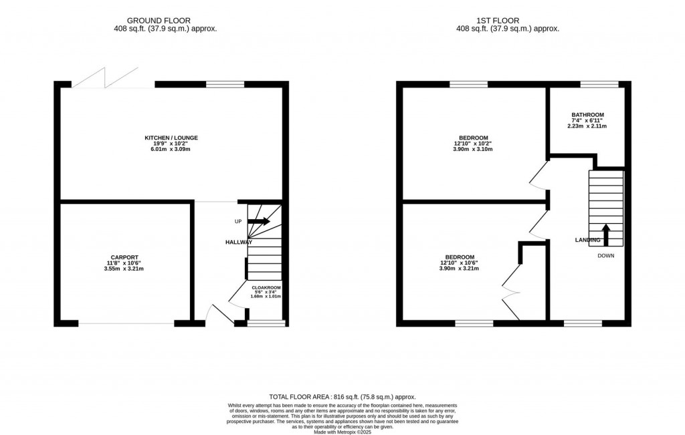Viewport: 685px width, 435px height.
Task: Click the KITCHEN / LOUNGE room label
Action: point(171,138)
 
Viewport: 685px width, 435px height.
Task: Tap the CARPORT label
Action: point(124,257)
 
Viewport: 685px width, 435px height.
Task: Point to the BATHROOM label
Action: point(587,114)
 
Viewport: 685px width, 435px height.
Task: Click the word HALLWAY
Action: point(238,242)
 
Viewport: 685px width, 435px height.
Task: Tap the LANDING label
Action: point(587,240)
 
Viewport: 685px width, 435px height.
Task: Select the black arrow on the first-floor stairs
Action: point(606,235)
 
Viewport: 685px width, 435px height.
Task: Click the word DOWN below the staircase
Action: point(605,255)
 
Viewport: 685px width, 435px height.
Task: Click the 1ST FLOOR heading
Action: point(507,21)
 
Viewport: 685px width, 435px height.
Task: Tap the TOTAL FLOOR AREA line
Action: point(342,396)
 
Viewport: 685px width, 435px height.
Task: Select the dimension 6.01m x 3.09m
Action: point(171,150)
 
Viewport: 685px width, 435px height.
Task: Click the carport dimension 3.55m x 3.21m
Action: point(124,269)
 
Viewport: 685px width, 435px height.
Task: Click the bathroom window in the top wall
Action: point(598,84)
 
